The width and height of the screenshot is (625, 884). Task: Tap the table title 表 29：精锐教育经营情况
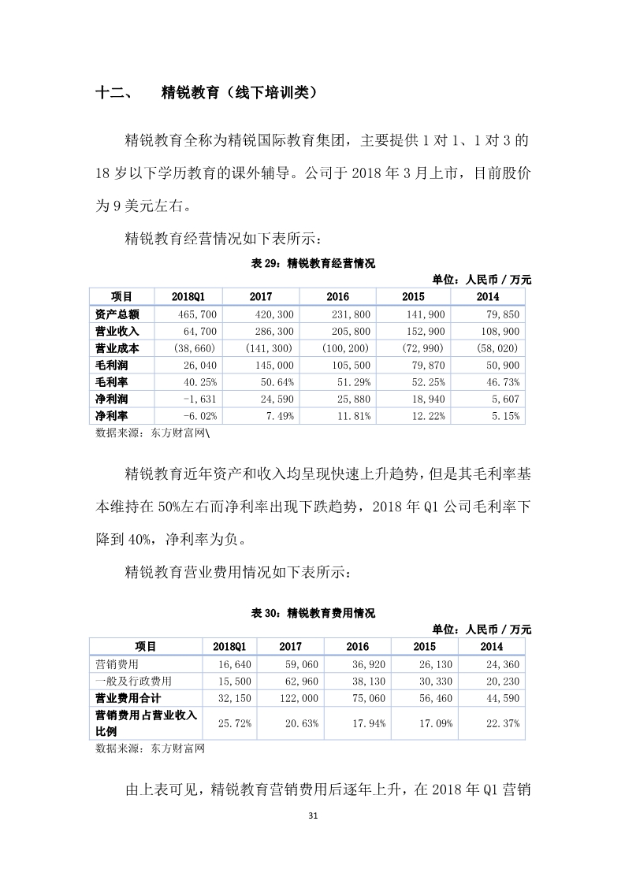pos(313,264)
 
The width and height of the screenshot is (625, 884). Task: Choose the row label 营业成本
pos(117,348)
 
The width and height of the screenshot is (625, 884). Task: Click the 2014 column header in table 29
pos(488,297)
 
